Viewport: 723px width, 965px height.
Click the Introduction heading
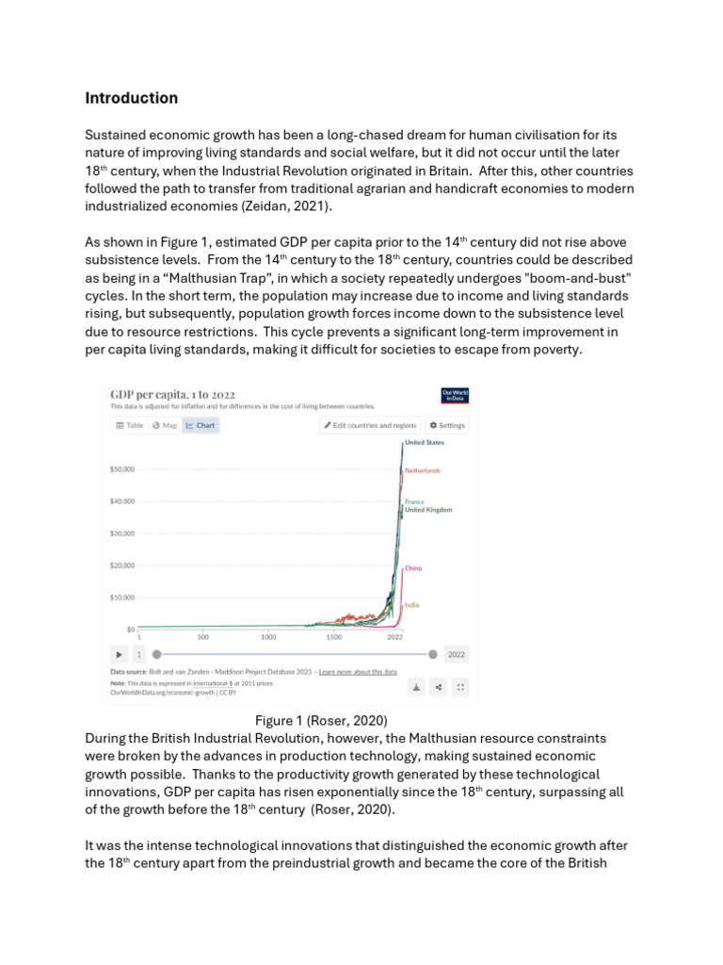pos(131,98)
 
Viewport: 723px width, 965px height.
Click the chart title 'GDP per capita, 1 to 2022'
pos(173,394)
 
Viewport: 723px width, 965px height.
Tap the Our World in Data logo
pos(454,395)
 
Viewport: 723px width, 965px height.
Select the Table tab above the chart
pos(130,425)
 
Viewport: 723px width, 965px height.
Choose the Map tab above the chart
pos(165,425)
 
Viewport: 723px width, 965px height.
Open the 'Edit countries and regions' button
pos(370,425)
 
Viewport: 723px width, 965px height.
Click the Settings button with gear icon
pos(447,425)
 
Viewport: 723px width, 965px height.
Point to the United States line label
pos(424,442)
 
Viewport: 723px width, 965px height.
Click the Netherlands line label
pos(423,470)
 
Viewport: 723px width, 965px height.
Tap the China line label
pos(412,569)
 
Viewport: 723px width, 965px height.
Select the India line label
pos(411,604)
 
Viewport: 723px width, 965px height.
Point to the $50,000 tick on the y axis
pos(122,468)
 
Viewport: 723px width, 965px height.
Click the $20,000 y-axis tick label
pos(122,565)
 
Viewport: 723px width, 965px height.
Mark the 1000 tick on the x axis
pos(268,637)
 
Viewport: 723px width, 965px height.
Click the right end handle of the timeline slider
pos(432,654)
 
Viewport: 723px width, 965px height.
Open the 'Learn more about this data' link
pos(358,672)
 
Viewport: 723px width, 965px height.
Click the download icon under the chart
pos(416,687)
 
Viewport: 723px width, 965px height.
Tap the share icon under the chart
pos(438,687)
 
